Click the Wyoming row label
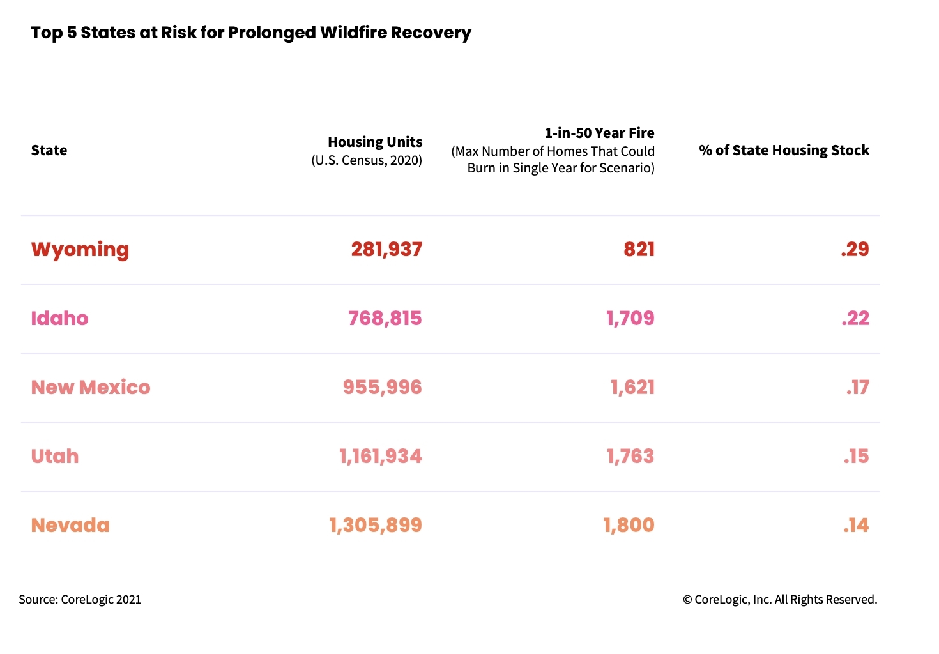click(80, 249)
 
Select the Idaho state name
click(59, 318)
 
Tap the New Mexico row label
click(91, 387)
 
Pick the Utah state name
click(55, 456)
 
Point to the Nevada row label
click(70, 525)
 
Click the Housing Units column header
click(375, 142)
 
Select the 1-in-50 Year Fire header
click(599, 133)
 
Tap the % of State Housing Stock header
click(784, 150)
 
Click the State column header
click(49, 150)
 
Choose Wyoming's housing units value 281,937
click(386, 249)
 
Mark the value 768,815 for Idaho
click(385, 318)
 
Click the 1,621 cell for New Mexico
click(632, 387)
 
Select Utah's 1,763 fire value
click(630, 456)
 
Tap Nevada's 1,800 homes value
click(629, 525)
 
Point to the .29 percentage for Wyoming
click(855, 249)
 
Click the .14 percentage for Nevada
click(856, 525)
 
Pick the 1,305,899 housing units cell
click(376, 525)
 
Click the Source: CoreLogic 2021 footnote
click(80, 599)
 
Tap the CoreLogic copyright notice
click(780, 599)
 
